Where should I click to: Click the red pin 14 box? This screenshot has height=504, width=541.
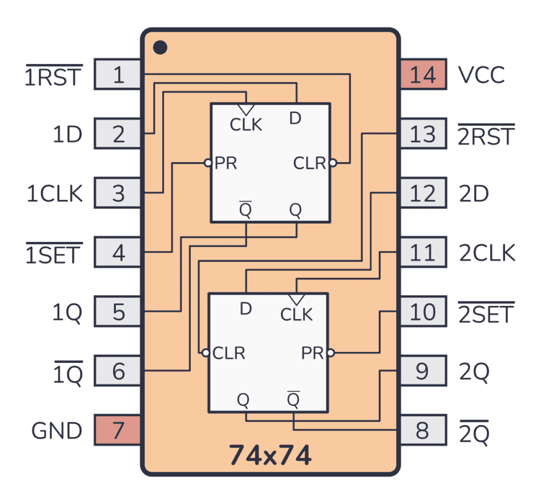click(422, 74)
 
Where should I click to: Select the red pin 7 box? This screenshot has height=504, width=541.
click(118, 430)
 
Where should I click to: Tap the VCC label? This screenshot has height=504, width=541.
click(481, 75)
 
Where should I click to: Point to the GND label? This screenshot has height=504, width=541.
click(57, 431)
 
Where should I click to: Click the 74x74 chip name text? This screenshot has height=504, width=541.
click(270, 455)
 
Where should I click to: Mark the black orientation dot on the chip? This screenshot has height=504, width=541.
click(160, 48)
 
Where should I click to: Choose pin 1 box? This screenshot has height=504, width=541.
click(118, 74)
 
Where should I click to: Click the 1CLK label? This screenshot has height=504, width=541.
click(55, 194)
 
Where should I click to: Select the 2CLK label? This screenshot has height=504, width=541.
click(487, 254)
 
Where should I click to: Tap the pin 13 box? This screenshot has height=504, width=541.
click(422, 134)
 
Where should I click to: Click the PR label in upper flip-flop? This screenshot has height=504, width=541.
click(226, 163)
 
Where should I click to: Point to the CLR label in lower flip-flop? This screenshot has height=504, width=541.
click(229, 353)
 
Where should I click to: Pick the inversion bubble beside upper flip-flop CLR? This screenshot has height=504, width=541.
click(332, 163)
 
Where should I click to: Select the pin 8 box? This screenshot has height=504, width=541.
click(422, 431)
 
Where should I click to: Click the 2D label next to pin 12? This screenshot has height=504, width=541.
click(474, 194)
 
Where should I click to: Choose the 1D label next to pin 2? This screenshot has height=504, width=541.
click(67, 135)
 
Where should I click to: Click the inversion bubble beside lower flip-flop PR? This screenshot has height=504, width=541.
click(330, 353)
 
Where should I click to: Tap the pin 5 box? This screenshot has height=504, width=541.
click(118, 312)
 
